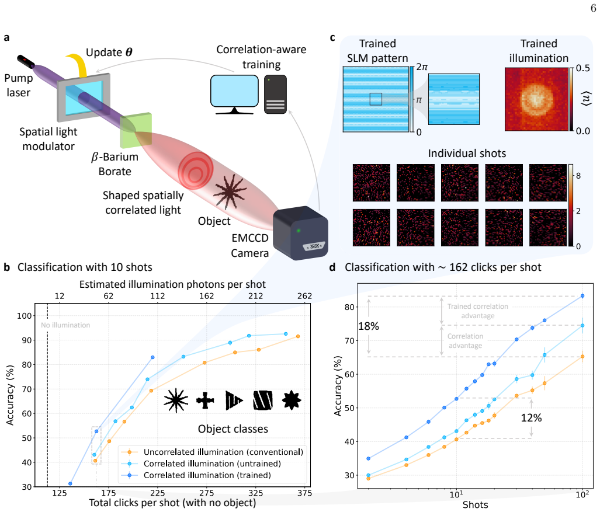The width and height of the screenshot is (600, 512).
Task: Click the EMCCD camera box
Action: tap(300, 233)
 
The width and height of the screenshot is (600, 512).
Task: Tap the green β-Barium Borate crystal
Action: tap(136, 130)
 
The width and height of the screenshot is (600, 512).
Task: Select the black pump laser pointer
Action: tap(26, 61)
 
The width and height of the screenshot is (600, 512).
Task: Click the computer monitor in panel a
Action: tap(234, 94)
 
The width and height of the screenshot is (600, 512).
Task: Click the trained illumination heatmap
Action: tap(536, 99)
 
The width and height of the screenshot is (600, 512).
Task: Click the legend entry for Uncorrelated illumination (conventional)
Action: tap(212, 452)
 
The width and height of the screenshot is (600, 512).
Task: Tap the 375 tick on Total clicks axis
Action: tap(304, 493)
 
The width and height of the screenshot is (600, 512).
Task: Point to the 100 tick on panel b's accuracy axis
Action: tap(24, 316)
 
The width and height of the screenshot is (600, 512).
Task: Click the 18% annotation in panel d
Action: tap(369, 326)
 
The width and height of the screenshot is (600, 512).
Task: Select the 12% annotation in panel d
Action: tap(531, 418)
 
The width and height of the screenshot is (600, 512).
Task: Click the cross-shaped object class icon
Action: tap(205, 400)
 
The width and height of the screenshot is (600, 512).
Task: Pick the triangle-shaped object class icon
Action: tap(234, 400)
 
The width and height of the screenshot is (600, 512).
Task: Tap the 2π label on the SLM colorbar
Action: tap(422, 67)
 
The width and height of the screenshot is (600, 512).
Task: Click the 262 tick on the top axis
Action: tap(304, 296)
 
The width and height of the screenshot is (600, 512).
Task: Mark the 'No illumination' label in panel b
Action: tap(65, 325)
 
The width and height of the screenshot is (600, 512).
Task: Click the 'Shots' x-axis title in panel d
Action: tap(475, 505)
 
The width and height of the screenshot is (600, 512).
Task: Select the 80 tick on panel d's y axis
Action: tap(349, 307)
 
